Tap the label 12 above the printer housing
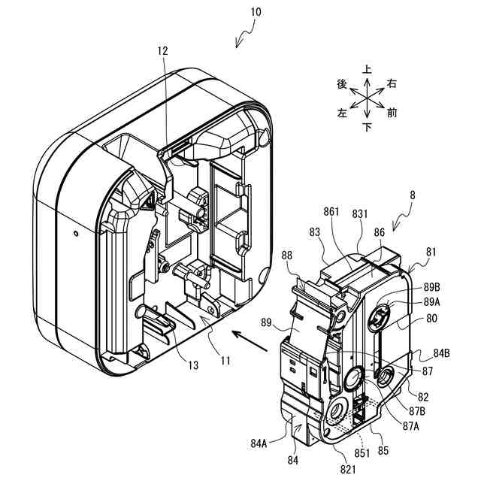[163, 51]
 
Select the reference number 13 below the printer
[193, 365]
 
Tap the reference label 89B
[431, 287]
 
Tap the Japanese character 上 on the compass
[367, 69]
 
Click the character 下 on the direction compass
[367, 126]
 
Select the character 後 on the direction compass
[342, 85]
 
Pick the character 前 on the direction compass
[392, 113]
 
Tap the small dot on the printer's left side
[76, 233]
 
